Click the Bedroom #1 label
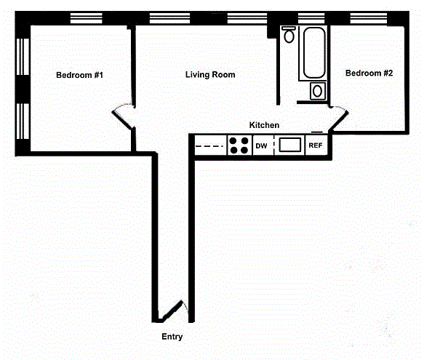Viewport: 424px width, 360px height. tap(79, 75)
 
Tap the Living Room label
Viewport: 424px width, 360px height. tap(210, 75)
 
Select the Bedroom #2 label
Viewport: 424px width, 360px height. tap(369, 73)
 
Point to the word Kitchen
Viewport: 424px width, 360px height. tap(264, 125)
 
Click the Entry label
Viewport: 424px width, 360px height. tap(172, 337)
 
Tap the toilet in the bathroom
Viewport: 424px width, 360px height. tap(289, 34)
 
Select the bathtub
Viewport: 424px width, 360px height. tap(314, 53)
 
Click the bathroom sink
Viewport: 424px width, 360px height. tap(318, 91)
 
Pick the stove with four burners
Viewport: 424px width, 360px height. tap(239, 145)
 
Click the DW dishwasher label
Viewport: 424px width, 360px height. tap(261, 146)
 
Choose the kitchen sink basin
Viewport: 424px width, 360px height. tap(290, 145)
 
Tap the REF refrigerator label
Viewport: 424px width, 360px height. tap(316, 145)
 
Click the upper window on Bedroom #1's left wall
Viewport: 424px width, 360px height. tap(23, 57)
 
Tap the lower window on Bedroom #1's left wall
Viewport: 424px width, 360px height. tap(23, 121)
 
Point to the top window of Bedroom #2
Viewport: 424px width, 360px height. tap(369, 18)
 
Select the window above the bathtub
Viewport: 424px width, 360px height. tap(311, 18)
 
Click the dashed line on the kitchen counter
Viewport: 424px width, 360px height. tap(209, 146)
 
